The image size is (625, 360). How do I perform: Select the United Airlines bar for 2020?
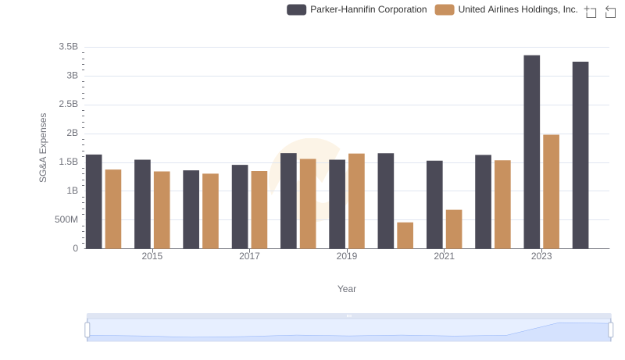405,236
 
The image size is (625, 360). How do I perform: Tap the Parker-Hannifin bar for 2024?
580,155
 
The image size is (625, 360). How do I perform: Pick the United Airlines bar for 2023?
551,192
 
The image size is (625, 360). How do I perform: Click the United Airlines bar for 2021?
454,230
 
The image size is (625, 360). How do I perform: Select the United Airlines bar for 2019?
356,201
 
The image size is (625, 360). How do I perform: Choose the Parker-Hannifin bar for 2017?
240,207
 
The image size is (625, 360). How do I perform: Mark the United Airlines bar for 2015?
162,210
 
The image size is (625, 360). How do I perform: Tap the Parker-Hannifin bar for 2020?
386,201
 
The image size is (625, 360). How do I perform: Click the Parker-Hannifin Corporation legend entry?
357,9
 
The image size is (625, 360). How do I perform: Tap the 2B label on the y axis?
72,133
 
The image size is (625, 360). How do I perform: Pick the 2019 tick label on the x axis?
347,256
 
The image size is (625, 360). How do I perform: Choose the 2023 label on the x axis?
541,256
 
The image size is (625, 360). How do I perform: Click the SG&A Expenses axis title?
44,148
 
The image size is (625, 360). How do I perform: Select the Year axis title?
347,289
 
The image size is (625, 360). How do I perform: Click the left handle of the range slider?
87,330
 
